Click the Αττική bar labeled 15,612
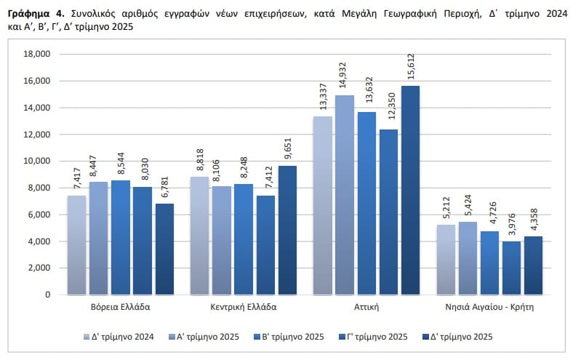coord(410,191)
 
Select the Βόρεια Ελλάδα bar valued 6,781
coord(164,249)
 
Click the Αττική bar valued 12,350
coord(388,212)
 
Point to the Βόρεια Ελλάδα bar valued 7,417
coord(77,245)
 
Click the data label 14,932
coord(344,78)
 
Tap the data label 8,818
coord(200,159)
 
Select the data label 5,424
coord(468,204)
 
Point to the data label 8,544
coord(121,164)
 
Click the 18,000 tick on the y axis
coord(36,55)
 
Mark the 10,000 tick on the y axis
coord(36,161)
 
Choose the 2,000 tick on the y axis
coord(39,268)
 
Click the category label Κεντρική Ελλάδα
coord(244,307)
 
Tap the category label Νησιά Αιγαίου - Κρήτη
coord(489,307)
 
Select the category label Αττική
coord(366,307)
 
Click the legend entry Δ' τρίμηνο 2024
coord(123,337)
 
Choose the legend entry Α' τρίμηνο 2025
coord(208,337)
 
